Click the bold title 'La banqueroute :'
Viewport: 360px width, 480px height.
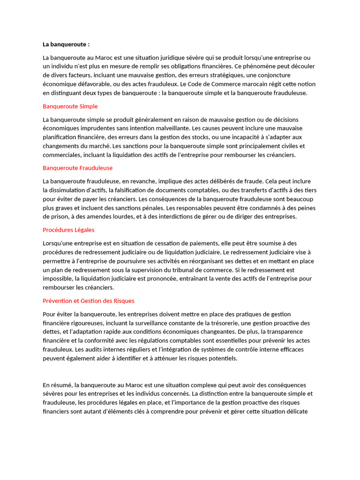point(66,45)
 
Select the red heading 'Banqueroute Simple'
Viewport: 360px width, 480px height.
point(70,106)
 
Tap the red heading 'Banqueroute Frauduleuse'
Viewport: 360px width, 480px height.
point(78,168)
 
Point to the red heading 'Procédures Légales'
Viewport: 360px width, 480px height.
point(68,230)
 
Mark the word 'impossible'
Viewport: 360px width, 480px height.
point(58,278)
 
